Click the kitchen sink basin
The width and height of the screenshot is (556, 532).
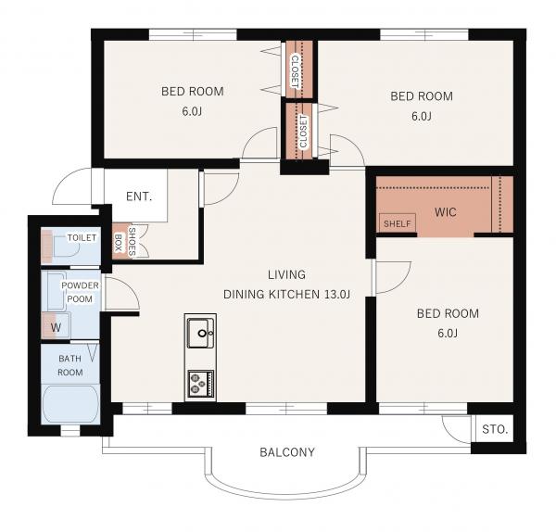point(201,333)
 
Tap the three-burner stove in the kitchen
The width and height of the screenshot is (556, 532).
point(201,384)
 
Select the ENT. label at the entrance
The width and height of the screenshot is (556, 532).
point(139,196)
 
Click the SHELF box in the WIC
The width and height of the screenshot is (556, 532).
point(398,223)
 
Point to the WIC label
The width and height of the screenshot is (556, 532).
point(446,212)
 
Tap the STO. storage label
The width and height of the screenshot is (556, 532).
point(495,429)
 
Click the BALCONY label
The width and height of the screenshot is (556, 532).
point(287,452)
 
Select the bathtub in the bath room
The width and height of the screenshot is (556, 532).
point(70,404)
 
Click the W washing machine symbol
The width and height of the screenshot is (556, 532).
point(56,327)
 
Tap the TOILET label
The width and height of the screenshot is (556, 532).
point(82,237)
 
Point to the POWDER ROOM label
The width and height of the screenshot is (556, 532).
point(80,292)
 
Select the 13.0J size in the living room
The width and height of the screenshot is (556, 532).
point(337,295)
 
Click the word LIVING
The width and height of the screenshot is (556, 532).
point(286,274)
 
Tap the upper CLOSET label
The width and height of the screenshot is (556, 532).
point(295,71)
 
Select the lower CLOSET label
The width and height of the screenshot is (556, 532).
point(304,132)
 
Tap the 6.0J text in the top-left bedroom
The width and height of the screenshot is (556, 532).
point(192,112)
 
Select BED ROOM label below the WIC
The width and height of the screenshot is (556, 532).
point(448,313)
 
